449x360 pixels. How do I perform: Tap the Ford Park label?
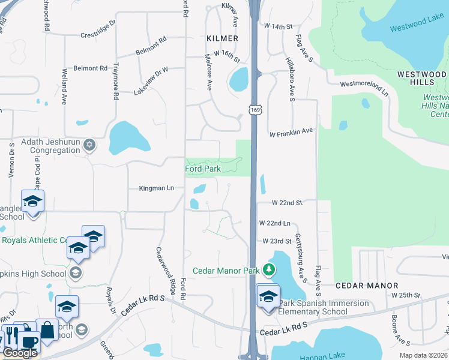tap(203, 169)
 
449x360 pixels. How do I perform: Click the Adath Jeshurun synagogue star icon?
tap(89, 144)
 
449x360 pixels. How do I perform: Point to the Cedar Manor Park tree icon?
tap(270, 269)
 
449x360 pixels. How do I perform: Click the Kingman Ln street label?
tap(156, 188)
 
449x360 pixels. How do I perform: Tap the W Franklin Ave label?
tap(291, 131)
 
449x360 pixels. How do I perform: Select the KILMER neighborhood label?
tap(222, 38)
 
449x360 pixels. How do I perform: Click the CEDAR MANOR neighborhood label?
tap(367, 286)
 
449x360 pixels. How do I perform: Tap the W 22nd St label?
tap(287, 203)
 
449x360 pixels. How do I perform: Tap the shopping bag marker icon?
tap(46, 329)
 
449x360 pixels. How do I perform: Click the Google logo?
tap(19, 352)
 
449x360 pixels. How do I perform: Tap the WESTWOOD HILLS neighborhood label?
tap(421, 78)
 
